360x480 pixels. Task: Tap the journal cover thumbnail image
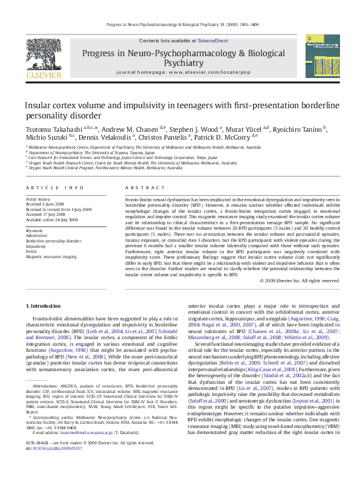[322, 56]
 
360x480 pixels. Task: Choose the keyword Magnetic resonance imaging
[51, 257]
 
